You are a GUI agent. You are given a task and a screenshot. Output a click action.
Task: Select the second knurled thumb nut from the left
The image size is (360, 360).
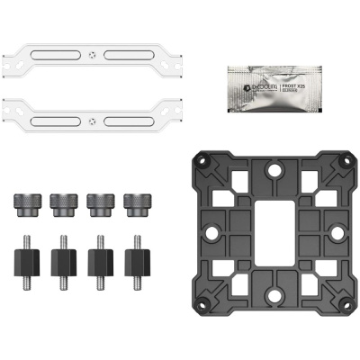62,202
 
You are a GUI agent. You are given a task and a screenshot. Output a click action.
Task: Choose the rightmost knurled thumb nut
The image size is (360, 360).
136,202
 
